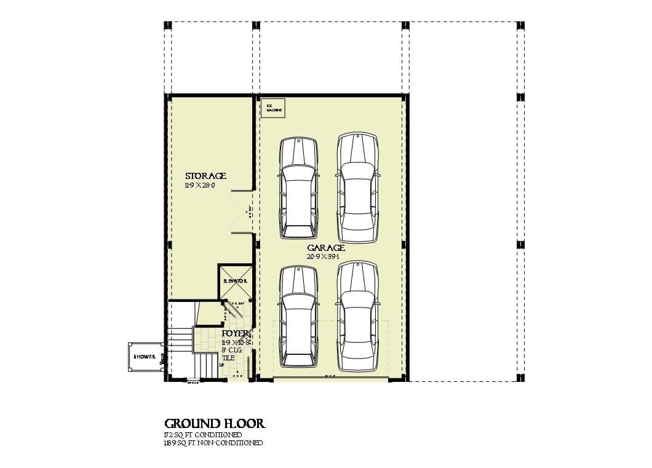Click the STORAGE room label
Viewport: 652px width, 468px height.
(x=205, y=176)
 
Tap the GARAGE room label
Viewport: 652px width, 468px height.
(x=325, y=248)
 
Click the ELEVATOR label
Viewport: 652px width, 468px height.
(x=235, y=281)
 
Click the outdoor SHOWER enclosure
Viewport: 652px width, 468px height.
(x=146, y=357)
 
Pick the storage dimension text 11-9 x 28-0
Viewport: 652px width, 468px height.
(x=200, y=185)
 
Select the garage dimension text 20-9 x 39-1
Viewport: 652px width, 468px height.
(x=325, y=256)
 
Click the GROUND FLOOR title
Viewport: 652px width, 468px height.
(x=215, y=424)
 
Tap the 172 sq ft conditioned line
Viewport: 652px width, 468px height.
(x=202, y=435)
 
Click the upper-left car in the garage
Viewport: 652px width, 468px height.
(x=298, y=188)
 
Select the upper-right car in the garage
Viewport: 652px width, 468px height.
(x=357, y=188)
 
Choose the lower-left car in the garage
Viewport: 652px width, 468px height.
(x=298, y=315)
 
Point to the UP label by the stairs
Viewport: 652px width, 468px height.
(x=221, y=365)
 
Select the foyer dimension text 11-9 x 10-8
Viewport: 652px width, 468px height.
(x=236, y=341)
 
